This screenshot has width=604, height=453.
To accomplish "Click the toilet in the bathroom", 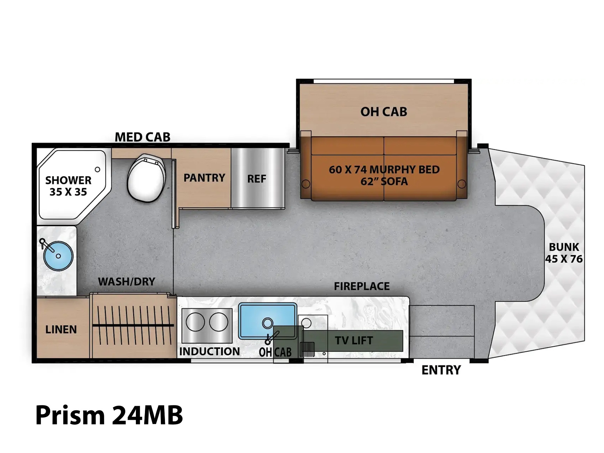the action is click(x=146, y=178).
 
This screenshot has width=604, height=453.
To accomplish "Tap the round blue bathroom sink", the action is click(x=58, y=256).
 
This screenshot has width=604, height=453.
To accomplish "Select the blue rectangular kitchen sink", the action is click(x=267, y=321).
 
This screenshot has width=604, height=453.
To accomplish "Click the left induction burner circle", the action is click(x=195, y=322).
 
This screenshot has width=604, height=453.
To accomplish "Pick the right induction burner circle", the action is click(x=219, y=322).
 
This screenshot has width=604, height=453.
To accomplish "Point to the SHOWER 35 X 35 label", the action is click(x=68, y=186).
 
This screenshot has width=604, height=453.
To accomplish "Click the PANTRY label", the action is click(x=204, y=178).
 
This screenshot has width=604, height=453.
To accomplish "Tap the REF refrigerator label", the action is click(x=256, y=179).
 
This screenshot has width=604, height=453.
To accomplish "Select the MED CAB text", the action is click(x=143, y=137).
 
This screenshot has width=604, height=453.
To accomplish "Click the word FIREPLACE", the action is click(x=362, y=286).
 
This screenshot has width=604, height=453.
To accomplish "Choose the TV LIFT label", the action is click(x=354, y=341).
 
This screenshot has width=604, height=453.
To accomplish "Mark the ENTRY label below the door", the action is click(x=441, y=370).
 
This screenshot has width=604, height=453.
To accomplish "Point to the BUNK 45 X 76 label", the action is click(x=564, y=253).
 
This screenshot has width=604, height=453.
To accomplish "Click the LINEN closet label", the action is click(x=61, y=330).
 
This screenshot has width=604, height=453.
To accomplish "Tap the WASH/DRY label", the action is click(x=126, y=281).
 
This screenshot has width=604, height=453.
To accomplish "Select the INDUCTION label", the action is click(x=210, y=351).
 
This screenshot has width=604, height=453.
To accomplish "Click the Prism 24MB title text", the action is click(x=109, y=415).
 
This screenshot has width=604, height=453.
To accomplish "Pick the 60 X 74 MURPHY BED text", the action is click(x=384, y=170).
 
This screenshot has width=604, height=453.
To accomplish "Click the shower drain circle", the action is click(x=97, y=169).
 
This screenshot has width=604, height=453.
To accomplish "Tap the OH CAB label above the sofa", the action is click(x=384, y=112).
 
